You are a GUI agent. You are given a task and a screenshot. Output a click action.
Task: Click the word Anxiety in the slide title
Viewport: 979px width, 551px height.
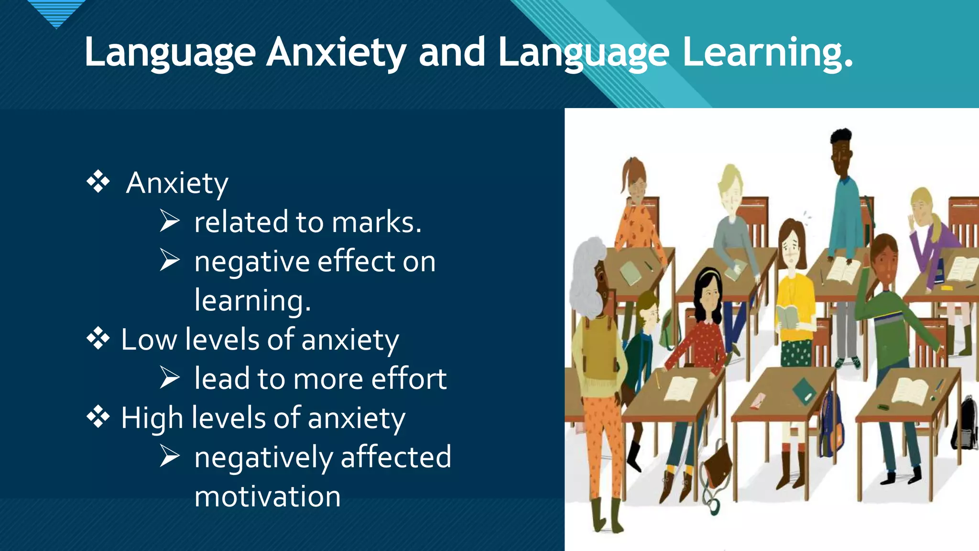pos(336,53)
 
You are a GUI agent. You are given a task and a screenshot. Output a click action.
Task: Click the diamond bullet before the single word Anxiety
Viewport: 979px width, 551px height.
pos(98,182)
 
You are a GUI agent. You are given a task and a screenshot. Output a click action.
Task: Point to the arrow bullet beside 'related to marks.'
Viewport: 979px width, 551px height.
pos(170,221)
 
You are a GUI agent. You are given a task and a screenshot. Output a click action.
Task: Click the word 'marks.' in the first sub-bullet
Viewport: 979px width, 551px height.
pos(377,222)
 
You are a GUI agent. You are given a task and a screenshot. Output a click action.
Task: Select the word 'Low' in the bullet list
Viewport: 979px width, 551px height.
pos(149,340)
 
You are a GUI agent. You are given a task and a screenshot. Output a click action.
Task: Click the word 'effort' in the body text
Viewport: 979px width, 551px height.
pos(409,379)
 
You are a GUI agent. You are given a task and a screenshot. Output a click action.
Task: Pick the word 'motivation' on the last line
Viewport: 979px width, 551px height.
pos(268,496)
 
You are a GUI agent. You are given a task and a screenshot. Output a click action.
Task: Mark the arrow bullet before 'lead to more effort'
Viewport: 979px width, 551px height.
pos(170,378)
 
